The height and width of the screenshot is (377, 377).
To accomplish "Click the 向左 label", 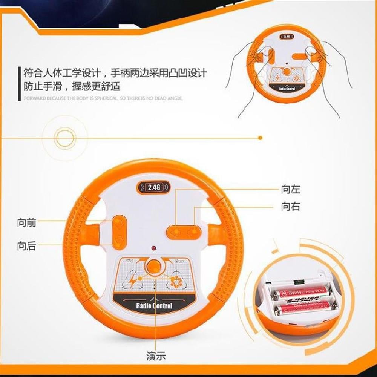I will pyautogui.click(x=291, y=189).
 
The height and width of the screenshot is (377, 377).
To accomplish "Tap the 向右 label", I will pyautogui.click(x=291, y=207).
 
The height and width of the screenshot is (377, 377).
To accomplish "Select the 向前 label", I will pyautogui.click(x=27, y=222).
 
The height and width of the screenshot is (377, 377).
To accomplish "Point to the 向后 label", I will pyautogui.click(x=27, y=247).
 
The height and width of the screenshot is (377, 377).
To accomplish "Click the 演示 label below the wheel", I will pyautogui.click(x=156, y=356).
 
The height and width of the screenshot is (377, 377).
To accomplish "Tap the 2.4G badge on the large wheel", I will pyautogui.click(x=154, y=187).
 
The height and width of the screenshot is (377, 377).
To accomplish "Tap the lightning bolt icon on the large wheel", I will pyautogui.click(x=133, y=280).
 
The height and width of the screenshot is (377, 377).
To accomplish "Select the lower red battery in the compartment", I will pyautogui.click(x=303, y=309).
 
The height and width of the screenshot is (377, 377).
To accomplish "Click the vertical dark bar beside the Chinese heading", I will pyautogui.click(x=18, y=84).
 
